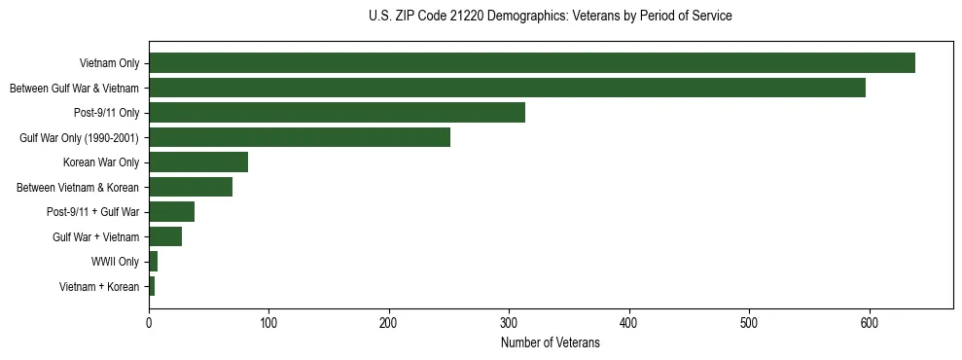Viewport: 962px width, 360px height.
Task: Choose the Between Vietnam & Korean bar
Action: (x=191, y=187)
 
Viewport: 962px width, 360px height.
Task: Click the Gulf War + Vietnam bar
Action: (x=165, y=236)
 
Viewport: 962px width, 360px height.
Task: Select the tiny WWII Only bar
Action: (x=153, y=262)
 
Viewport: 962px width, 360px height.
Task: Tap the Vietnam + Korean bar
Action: (x=152, y=286)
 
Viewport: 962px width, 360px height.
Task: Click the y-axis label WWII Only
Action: (x=115, y=262)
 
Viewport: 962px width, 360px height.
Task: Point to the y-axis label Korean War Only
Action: (x=101, y=162)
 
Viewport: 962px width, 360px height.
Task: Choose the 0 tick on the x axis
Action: (x=149, y=322)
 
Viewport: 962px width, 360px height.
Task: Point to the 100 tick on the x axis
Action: (x=268, y=322)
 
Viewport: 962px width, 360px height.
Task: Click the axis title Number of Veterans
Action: (x=551, y=343)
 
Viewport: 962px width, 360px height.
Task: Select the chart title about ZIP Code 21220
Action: (x=551, y=17)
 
